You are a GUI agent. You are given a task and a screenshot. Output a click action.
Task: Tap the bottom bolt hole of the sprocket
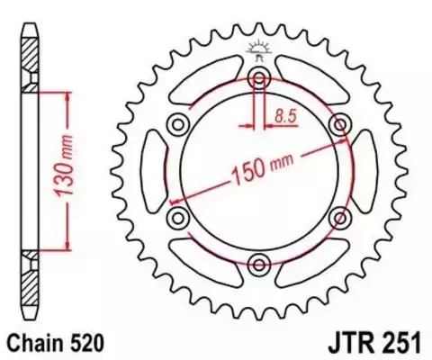(259, 263)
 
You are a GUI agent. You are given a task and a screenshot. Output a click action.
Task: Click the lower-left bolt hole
(177, 216)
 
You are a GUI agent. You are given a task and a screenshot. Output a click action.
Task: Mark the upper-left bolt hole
(177, 122)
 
